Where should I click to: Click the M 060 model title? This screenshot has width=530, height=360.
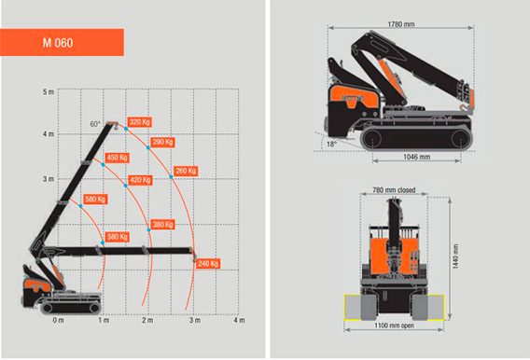tap(58, 43)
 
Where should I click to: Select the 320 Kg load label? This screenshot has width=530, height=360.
tap(140, 122)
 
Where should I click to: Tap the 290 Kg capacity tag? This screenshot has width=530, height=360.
tap(162, 142)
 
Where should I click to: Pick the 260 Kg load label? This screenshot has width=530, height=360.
tap(186, 171)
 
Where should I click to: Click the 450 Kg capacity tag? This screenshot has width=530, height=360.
tap(117, 158)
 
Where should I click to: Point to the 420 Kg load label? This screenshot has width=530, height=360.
tap(140, 180)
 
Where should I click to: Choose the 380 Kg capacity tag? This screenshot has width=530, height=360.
tap(162, 225)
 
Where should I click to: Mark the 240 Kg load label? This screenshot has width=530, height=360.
tap(208, 263)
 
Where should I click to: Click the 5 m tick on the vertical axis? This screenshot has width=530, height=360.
tap(48, 91)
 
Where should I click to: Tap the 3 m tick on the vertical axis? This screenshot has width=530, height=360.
tap(48, 179)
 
